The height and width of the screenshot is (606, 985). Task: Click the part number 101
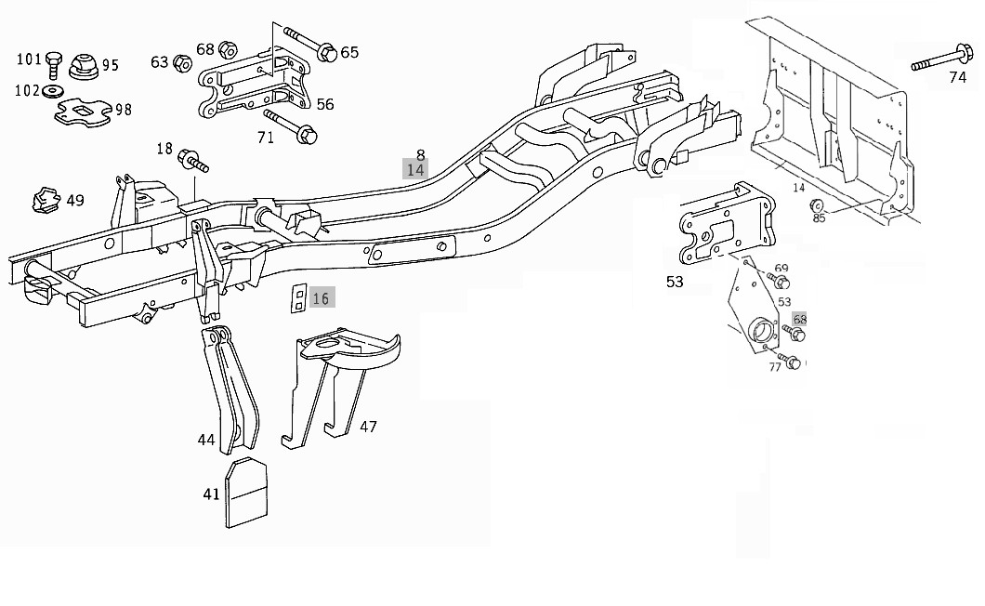click(29, 60)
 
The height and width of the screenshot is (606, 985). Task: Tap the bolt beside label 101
click(53, 63)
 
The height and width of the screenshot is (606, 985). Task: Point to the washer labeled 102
click(52, 90)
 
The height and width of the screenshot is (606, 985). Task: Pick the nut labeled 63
click(183, 63)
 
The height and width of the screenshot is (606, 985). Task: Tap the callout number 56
click(325, 104)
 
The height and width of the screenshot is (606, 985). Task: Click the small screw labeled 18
click(193, 160)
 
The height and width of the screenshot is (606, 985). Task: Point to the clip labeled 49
click(44, 198)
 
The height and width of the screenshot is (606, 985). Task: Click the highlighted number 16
click(321, 298)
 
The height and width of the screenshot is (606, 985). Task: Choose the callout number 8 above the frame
click(420, 155)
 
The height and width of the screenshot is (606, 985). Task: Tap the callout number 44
click(205, 440)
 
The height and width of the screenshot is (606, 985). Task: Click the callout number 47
click(368, 427)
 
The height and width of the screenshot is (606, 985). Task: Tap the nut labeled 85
click(815, 205)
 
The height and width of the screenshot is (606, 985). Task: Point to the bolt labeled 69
click(778, 281)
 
